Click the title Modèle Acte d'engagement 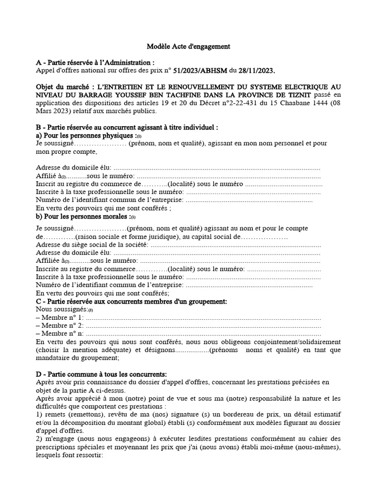[x=188, y=47]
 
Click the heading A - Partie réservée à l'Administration [x=95, y=63]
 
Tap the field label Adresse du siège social [x=92, y=244]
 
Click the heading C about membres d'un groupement [x=132, y=301]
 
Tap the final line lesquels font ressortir [x=69, y=455]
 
